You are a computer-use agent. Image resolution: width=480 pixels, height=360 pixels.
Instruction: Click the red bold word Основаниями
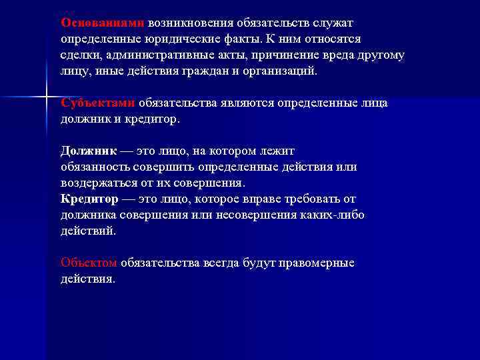click(x=97, y=23)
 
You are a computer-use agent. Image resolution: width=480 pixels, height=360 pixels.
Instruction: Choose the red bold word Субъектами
click(x=97, y=103)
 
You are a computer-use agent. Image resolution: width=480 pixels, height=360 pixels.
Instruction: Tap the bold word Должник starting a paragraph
click(x=88, y=151)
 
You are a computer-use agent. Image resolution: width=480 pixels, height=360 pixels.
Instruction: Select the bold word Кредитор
click(x=89, y=199)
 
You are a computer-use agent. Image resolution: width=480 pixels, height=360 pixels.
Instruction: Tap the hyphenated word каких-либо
click(x=334, y=215)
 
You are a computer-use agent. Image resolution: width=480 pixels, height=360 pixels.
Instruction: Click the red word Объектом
click(x=89, y=263)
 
